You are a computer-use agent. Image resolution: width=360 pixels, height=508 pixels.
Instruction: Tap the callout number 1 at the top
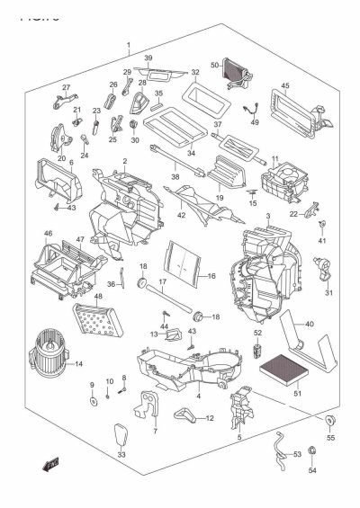pyautogui.click(x=128, y=45)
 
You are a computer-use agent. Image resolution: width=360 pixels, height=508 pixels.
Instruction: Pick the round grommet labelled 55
pyautogui.click(x=329, y=423)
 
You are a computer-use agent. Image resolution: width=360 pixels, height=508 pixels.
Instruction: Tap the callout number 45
pyautogui.click(x=284, y=86)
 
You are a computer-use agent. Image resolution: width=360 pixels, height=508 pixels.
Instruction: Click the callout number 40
pyautogui.click(x=309, y=325)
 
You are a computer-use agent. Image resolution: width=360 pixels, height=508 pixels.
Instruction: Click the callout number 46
pyautogui.click(x=49, y=233)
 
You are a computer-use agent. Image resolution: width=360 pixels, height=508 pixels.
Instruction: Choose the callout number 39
pyautogui.click(x=148, y=58)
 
